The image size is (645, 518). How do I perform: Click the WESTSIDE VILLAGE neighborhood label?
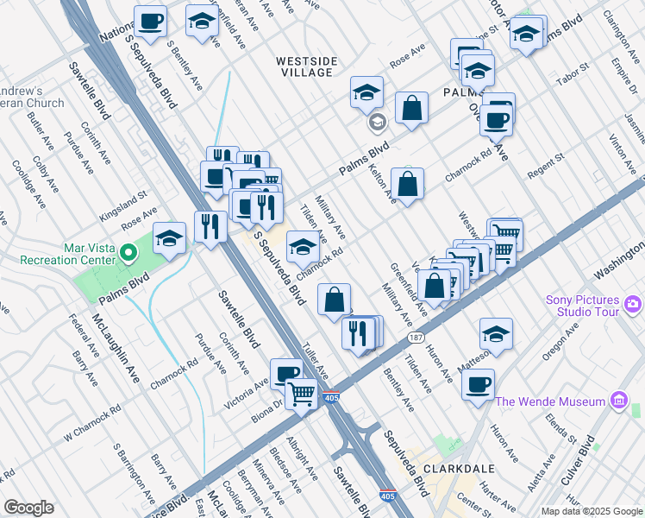[x=304, y=66]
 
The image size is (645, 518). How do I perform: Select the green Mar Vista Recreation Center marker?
[x=128, y=254]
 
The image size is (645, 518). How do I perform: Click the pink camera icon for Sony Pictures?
[x=633, y=303]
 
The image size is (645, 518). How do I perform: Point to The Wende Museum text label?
[x=550, y=401]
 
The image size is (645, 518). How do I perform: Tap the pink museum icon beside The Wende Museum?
[x=617, y=401]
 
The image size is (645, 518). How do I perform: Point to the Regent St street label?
[x=545, y=166]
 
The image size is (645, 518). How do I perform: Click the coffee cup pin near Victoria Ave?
[x=286, y=372]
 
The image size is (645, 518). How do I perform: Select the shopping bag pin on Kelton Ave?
[x=407, y=183]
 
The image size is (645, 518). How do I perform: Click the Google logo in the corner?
[x=28, y=508]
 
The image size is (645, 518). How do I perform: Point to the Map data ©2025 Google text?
[x=591, y=511]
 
